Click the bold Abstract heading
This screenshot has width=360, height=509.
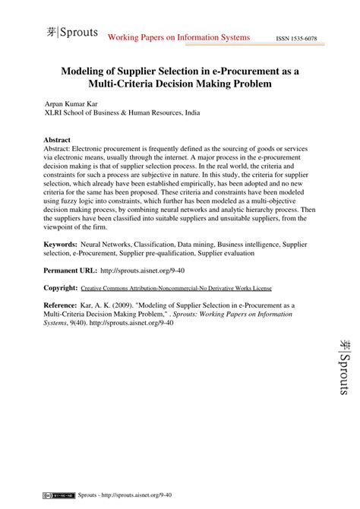[x=58, y=141]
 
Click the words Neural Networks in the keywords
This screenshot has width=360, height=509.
[x=106, y=245]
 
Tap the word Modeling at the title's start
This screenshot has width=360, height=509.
[x=90, y=70]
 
